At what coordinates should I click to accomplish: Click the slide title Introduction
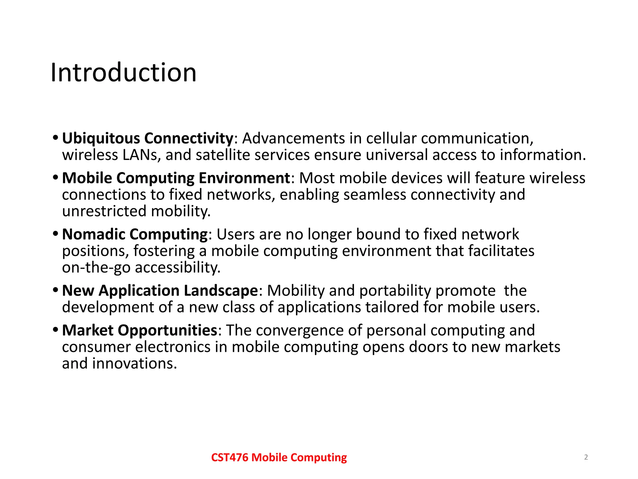[123, 72]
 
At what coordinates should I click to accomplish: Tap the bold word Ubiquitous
[101, 138]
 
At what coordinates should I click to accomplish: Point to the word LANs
[142, 155]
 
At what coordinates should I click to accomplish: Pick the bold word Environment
[244, 178]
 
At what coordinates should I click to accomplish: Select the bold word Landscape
[221, 291]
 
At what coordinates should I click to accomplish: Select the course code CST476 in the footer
[230, 457]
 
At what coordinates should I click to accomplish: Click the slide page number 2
[586, 457]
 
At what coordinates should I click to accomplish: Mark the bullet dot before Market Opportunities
[55, 330]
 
